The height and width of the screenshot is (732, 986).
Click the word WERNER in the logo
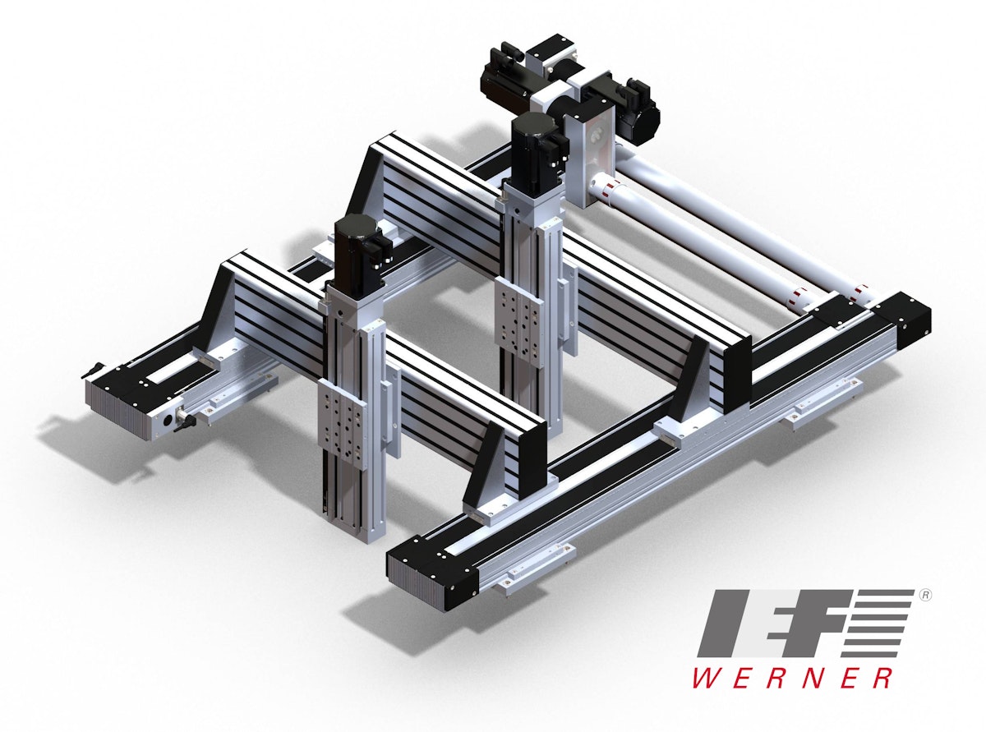793,678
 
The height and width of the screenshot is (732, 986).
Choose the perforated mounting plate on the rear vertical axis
518,332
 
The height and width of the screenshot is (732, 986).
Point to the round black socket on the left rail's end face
168,418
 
